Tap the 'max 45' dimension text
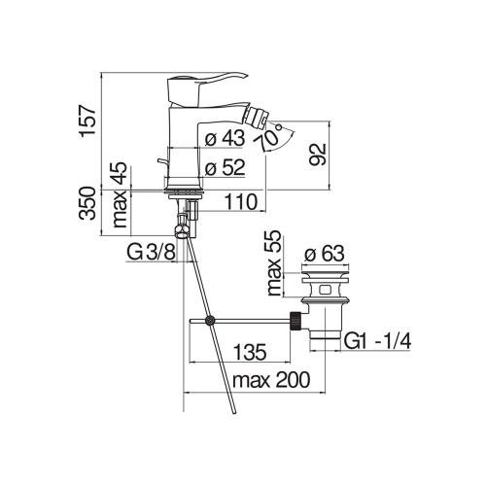coord(120,192)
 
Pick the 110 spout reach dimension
coord(238,201)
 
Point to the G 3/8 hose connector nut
coord(181,230)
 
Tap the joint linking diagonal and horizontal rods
coord(208,322)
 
